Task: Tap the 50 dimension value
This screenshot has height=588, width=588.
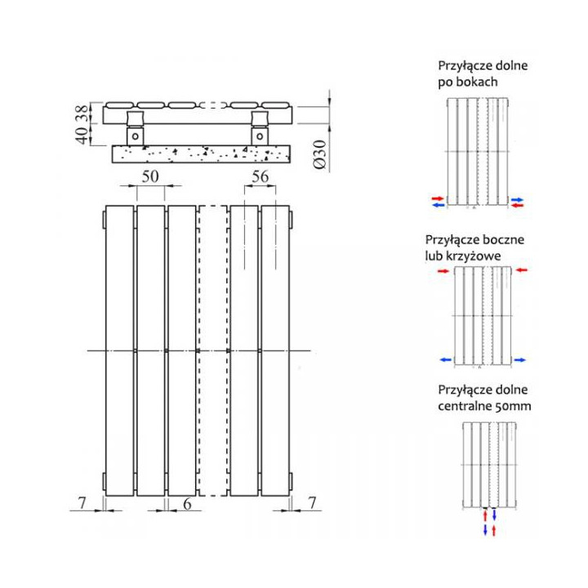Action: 149,176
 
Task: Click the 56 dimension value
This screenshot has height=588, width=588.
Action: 260,176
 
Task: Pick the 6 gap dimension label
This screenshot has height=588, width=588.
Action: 187,505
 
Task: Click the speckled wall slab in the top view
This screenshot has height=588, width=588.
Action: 195,152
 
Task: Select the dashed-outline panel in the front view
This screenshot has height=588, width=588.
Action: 212,351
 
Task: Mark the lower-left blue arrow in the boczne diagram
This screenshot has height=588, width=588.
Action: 444,359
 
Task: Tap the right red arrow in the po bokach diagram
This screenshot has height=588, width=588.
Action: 517,206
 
